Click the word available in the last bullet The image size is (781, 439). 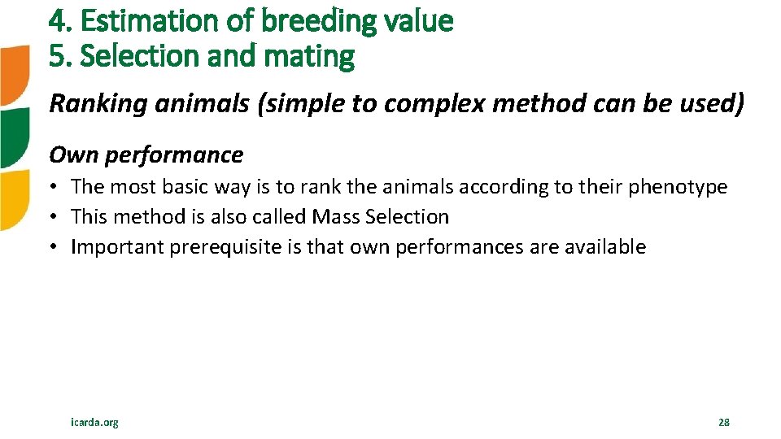[x=605, y=247]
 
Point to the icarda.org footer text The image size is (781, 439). [x=95, y=422]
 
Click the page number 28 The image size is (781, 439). [x=723, y=422]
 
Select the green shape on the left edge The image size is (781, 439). [x=14, y=137]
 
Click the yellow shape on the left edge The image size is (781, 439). [x=14, y=199]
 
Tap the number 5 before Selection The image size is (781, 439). [x=57, y=57]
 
